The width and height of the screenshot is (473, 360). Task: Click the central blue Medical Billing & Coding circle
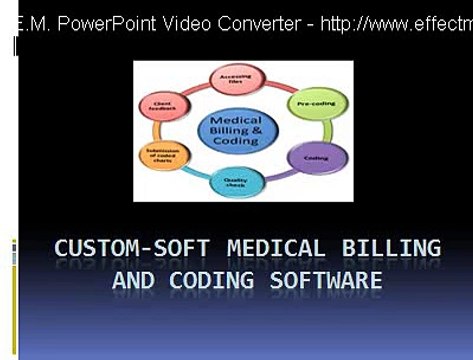[236, 132]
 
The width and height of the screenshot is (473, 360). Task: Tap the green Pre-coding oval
[316, 101]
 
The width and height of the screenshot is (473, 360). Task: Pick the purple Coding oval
[314, 158]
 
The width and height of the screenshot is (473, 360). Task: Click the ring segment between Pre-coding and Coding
[328, 130]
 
